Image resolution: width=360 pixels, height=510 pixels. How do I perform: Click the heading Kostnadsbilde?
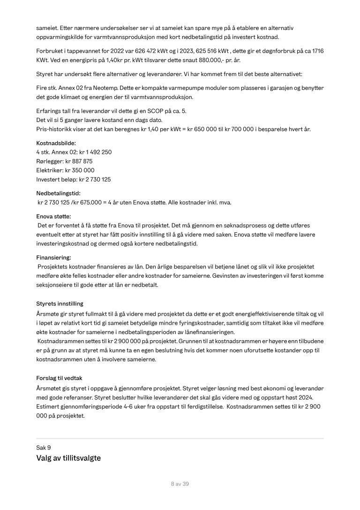coord(56,143)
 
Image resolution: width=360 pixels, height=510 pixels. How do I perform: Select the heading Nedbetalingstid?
coord(58,193)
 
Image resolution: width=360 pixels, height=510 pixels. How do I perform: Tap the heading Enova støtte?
coord(53,216)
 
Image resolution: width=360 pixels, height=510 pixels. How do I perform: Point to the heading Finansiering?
coord(53,257)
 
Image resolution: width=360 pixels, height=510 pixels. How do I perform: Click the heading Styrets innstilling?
coord(60,304)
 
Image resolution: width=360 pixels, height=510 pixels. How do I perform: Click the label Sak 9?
coord(44,448)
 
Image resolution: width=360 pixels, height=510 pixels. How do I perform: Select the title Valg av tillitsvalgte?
coord(68,458)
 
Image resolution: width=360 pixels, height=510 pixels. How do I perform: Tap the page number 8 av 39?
coord(180,484)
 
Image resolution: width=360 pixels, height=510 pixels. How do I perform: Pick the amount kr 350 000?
coord(80,170)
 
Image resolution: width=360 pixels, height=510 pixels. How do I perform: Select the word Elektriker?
coord(49,170)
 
